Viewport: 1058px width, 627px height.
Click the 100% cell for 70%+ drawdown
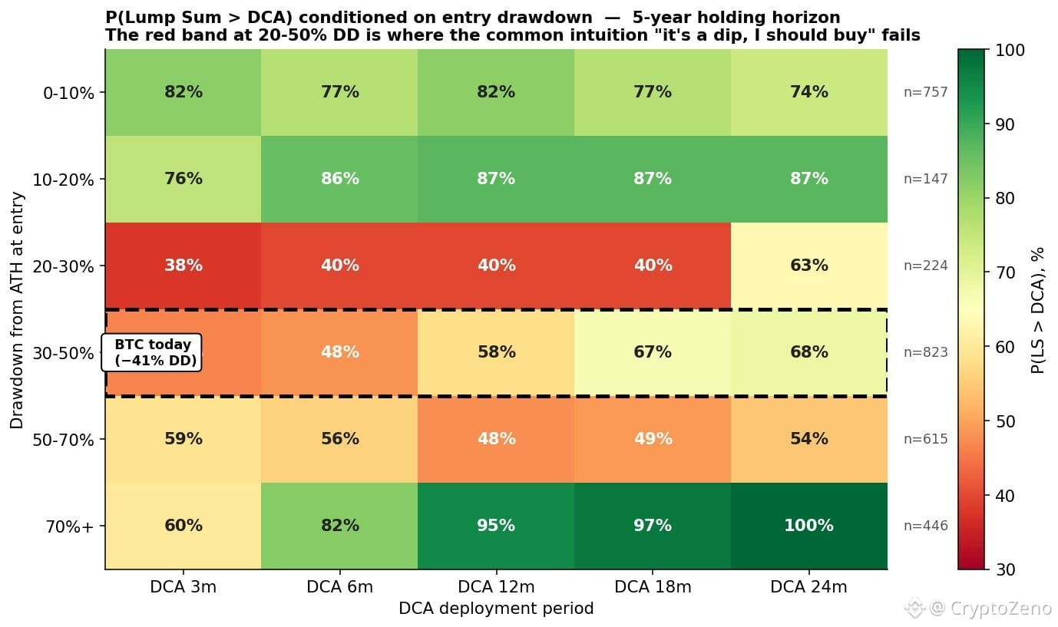(808, 526)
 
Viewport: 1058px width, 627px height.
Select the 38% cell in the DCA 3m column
(183, 266)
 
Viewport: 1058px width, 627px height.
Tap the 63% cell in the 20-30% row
(808, 266)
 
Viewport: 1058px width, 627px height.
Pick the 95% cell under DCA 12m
(496, 526)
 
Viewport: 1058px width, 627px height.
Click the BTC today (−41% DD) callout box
(153, 352)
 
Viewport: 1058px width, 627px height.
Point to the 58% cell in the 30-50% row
(496, 352)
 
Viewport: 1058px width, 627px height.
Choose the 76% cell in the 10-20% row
(183, 179)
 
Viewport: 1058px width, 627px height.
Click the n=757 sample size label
(925, 92)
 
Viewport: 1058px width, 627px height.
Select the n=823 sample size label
(925, 352)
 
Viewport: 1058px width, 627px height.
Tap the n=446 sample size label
(925, 526)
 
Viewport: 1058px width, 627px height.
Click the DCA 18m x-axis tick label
(653, 587)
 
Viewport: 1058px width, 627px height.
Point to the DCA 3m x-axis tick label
(183, 587)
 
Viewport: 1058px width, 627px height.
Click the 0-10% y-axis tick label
(68, 93)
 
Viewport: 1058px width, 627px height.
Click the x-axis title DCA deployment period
(496, 609)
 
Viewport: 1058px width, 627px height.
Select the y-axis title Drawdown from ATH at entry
(18, 310)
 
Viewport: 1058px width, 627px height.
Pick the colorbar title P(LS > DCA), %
(1037, 310)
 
